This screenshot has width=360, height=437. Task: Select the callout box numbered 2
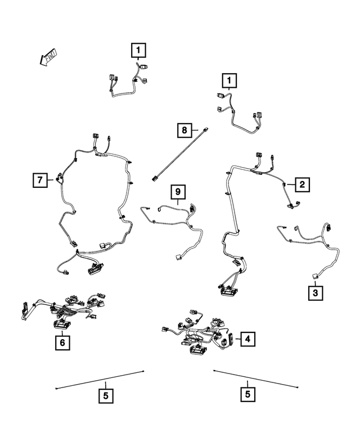302,184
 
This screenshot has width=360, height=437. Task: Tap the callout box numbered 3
315,294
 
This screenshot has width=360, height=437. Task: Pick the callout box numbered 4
246,339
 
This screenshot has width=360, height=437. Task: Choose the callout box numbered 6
63,341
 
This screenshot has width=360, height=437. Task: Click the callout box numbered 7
40,180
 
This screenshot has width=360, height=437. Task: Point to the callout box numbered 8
184,130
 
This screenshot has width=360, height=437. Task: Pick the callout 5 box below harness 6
105,395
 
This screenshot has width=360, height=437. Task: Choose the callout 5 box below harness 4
247,395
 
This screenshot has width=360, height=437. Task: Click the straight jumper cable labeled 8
180,152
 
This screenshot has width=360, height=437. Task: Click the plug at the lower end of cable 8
155,179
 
